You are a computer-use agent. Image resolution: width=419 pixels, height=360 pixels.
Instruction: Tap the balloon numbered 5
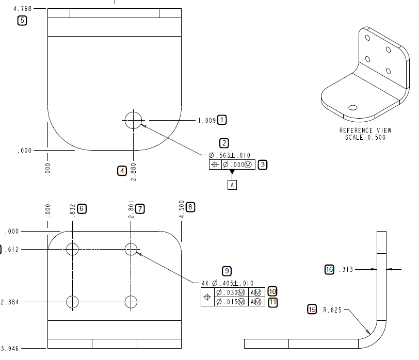(x=22, y=21)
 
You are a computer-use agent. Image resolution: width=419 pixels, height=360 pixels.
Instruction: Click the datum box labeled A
(x=232, y=185)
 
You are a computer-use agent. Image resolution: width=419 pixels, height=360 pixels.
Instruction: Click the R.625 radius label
(x=333, y=310)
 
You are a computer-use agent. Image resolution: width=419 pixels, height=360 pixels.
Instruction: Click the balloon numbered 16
(x=329, y=269)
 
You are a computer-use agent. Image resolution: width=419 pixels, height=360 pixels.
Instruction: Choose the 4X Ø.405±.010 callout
(x=228, y=283)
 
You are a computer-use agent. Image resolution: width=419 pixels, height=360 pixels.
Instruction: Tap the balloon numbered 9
(x=226, y=271)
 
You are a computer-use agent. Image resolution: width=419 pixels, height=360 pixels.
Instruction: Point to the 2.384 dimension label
(x=10, y=302)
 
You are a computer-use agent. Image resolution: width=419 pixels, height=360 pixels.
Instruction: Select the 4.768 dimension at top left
(x=22, y=9)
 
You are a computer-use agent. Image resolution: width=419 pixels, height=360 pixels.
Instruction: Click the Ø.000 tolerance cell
(x=238, y=165)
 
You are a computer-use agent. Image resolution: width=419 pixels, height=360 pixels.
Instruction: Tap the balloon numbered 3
(x=263, y=165)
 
